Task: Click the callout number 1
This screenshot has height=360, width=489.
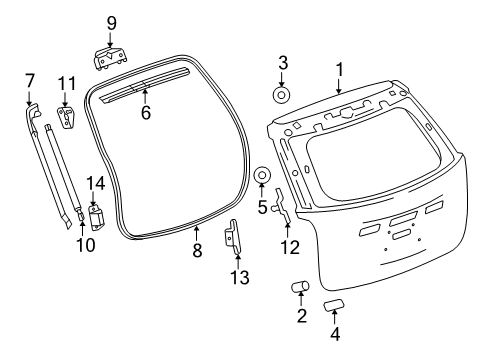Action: point(339,69)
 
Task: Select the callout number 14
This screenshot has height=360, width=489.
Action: point(96,182)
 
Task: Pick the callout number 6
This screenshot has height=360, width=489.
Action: point(145,114)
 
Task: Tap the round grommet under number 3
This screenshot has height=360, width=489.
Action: point(283,96)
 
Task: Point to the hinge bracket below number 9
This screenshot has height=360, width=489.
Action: point(111,59)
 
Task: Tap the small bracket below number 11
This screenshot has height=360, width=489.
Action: point(67,119)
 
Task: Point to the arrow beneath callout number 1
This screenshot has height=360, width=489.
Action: point(339,86)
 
